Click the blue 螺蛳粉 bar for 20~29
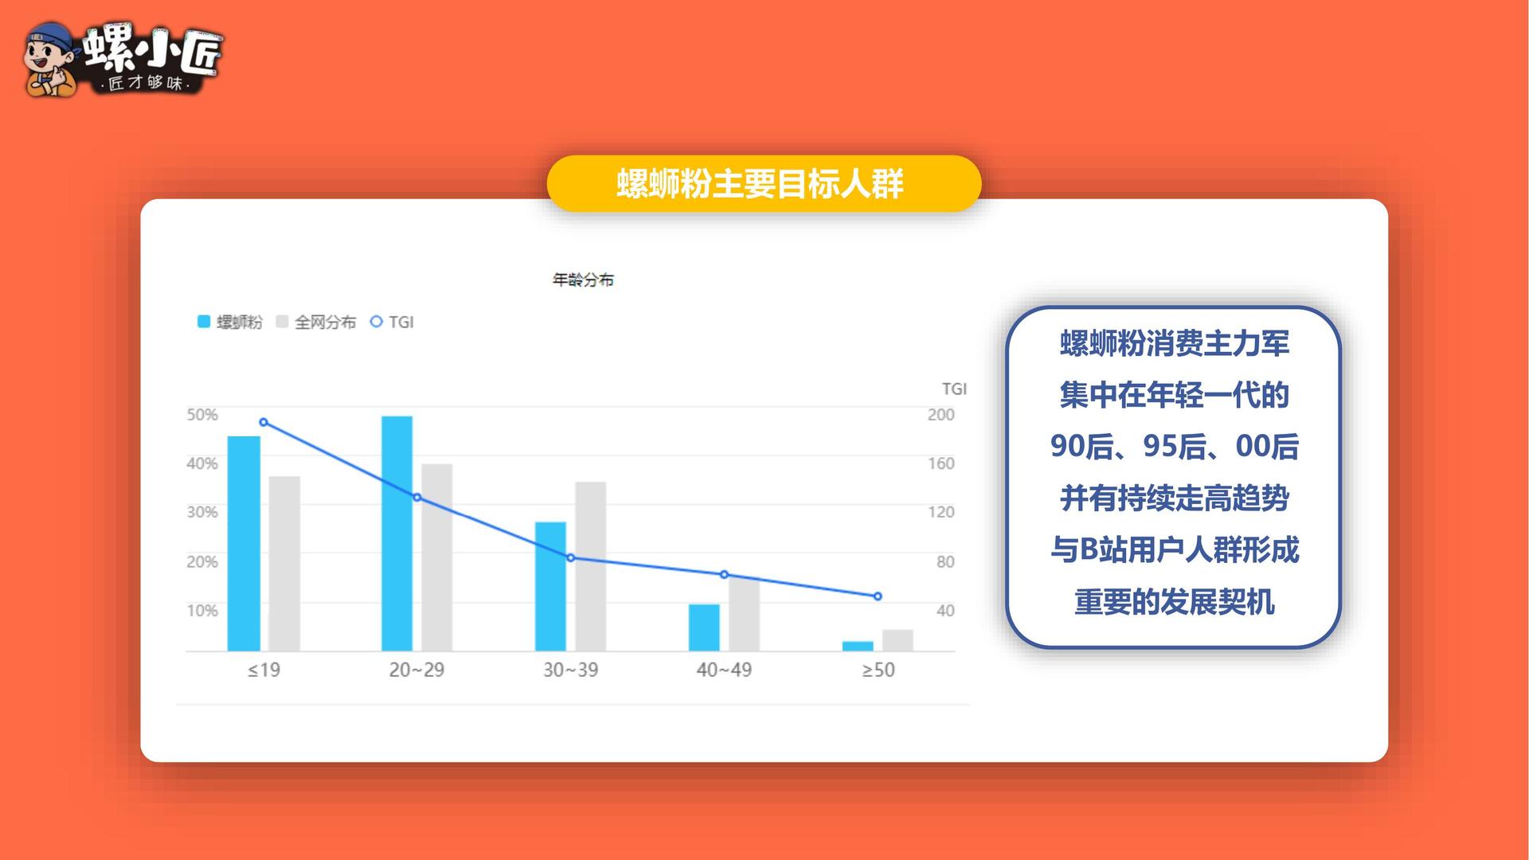tap(397, 534)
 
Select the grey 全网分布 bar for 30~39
tap(590, 566)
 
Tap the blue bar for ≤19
tap(244, 544)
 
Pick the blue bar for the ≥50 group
tap(858, 646)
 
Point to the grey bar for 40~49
tap(744, 614)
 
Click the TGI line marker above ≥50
tap(878, 596)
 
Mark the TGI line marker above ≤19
tap(264, 422)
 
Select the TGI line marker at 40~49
tap(724, 574)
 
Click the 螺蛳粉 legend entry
tap(229, 322)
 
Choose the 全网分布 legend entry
tap(315, 322)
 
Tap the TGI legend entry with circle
tap(392, 322)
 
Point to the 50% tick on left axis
tap(202, 414)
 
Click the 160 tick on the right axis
tap(940, 463)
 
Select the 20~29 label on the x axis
tap(416, 670)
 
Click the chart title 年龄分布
tap(583, 279)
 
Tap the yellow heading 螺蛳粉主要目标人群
tap(760, 184)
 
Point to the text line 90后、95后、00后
tap(1174, 447)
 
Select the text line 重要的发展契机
tap(1174, 602)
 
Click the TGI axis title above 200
tap(954, 389)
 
